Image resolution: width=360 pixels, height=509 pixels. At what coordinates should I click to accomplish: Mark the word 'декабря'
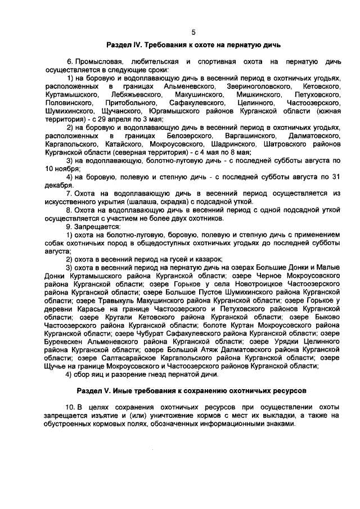tap(60, 185)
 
